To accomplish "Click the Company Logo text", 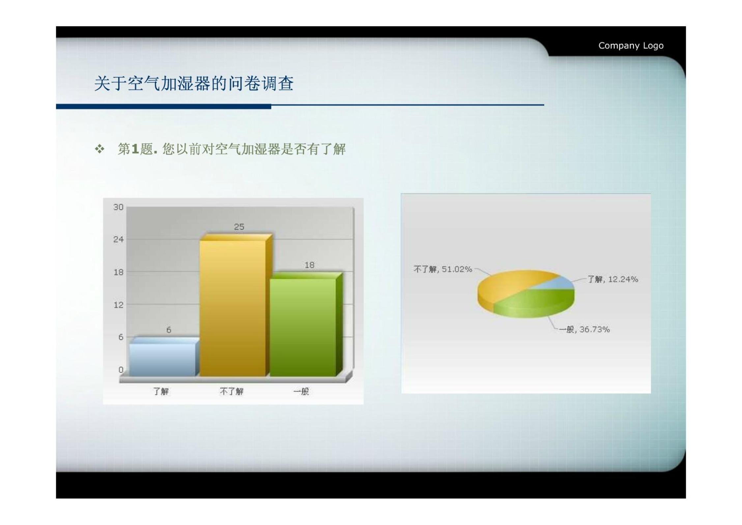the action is coord(631,45).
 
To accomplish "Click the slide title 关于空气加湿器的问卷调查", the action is coord(194,83).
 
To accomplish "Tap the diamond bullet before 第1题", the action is coord(100,149).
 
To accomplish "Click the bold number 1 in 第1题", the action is coord(135,149).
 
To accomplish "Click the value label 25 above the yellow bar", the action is coord(239,227).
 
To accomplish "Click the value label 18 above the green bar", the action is coord(309,265).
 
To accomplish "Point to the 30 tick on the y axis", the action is coord(118,207).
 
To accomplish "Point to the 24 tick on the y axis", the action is coord(118,239).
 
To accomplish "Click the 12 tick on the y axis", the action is coord(118,305).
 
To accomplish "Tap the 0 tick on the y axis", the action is coord(121,370).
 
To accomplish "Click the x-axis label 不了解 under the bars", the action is coord(231,391).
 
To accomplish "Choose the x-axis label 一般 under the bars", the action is coord(301,391).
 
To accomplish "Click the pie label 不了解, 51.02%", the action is coord(442,269).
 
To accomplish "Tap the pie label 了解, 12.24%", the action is coord(613,279).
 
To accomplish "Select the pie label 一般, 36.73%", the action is coord(584,329).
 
